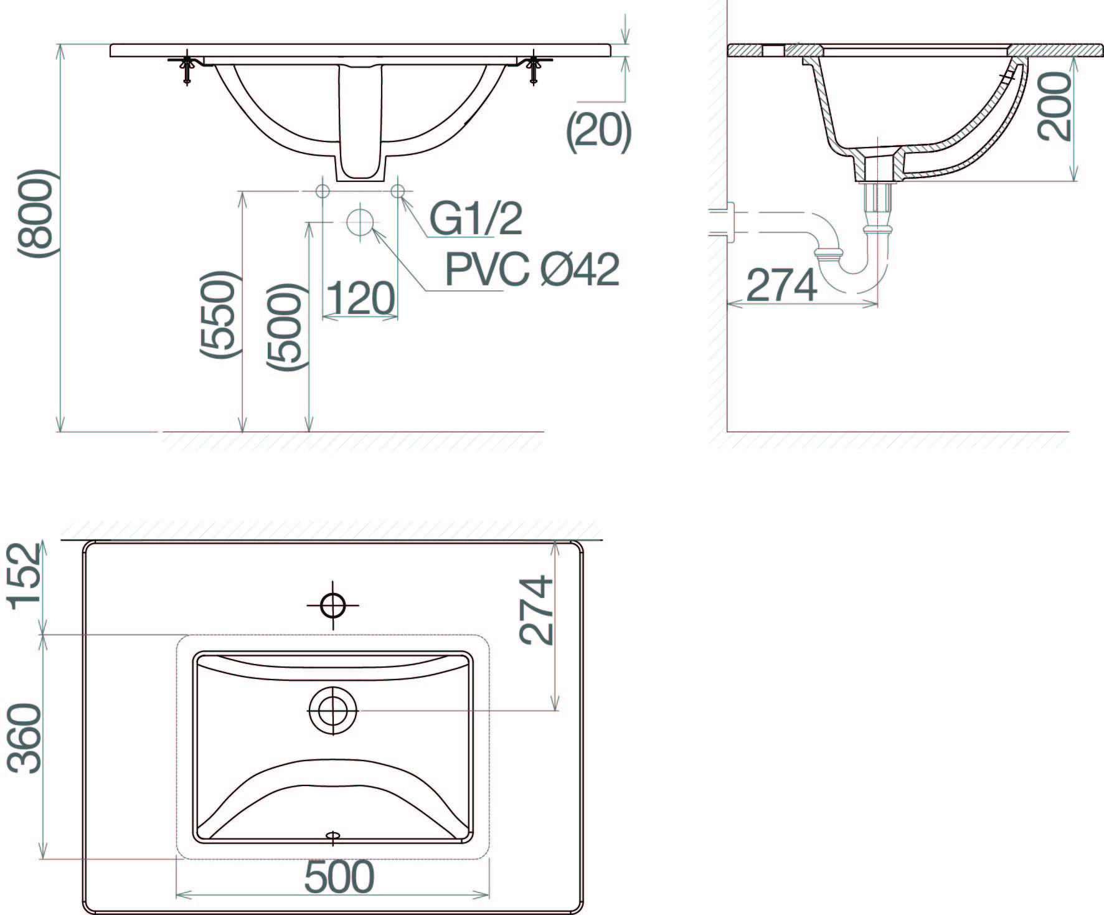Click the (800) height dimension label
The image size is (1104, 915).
(38, 212)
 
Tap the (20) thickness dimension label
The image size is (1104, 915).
(598, 132)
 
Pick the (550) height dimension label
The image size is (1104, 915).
(219, 315)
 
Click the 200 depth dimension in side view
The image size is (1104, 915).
(1054, 106)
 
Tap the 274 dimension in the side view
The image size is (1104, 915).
(781, 285)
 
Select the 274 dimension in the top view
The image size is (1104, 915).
(536, 610)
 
